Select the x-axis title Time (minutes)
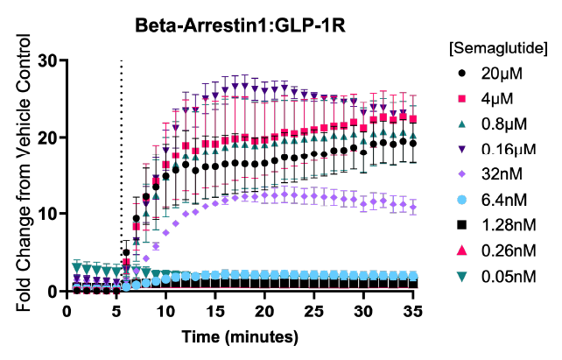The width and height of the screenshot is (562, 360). tap(240, 337)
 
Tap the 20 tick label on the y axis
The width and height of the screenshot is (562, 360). tap(49, 138)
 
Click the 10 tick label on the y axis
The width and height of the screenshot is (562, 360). tap(49, 214)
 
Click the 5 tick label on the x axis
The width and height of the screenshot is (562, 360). tap(115, 310)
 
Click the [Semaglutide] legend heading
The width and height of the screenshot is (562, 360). tap(498, 45)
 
